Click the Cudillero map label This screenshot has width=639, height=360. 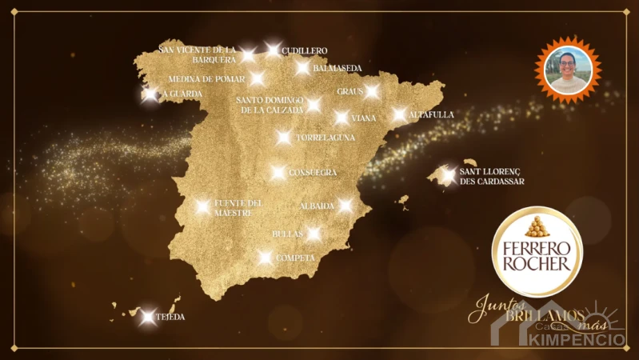point(305,51)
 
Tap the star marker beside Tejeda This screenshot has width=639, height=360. point(147,317)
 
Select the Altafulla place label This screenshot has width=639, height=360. point(431,115)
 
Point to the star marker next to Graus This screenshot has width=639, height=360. point(372,91)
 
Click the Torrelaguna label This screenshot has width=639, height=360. point(325,138)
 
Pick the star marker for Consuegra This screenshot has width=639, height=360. point(278,173)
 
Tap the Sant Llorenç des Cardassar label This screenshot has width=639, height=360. point(491,177)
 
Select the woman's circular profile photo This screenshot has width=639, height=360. point(568,70)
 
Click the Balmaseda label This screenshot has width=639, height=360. point(337,69)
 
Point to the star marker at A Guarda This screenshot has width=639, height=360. point(150,94)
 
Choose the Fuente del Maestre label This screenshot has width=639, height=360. point(238,208)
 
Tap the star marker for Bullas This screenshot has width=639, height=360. point(314,234)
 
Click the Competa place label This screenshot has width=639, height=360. point(295,258)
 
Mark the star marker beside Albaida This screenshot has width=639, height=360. point(345,206)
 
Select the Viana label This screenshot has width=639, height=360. point(364,118)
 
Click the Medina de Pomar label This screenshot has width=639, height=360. point(207,79)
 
